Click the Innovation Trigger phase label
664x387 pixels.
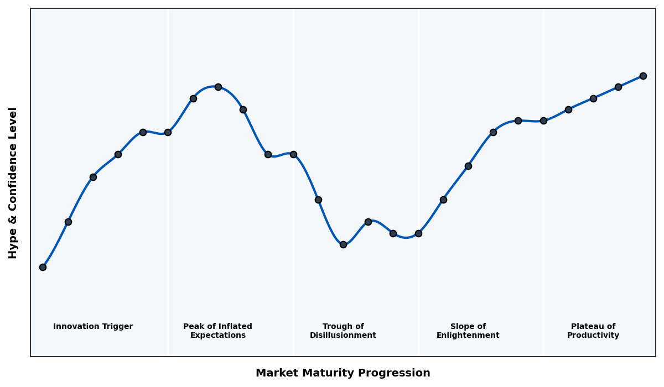[x=93, y=327]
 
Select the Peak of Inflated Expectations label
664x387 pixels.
[x=217, y=331]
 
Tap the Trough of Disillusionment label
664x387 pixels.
[x=343, y=331]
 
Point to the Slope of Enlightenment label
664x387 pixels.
[x=468, y=331]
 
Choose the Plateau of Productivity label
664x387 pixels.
[x=593, y=331]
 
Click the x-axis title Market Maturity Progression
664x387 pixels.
[x=343, y=373]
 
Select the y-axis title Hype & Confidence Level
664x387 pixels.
[x=13, y=182]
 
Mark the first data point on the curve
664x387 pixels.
[x=43, y=267]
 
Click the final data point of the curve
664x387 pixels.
[x=643, y=76]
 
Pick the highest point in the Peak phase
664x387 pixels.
[x=218, y=87]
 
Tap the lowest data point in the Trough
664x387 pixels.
[x=343, y=244]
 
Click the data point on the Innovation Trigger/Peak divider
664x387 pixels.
[x=168, y=132]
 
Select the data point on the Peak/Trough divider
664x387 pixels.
[x=293, y=154]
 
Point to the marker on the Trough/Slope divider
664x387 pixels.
[x=418, y=233]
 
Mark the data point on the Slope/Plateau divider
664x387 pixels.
[x=543, y=121]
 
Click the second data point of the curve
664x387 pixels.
[x=68, y=222]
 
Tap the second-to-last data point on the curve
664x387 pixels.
[x=618, y=87]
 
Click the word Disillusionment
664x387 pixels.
[x=343, y=336]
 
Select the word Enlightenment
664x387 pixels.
[x=468, y=336]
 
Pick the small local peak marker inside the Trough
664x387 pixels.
[x=368, y=222]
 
